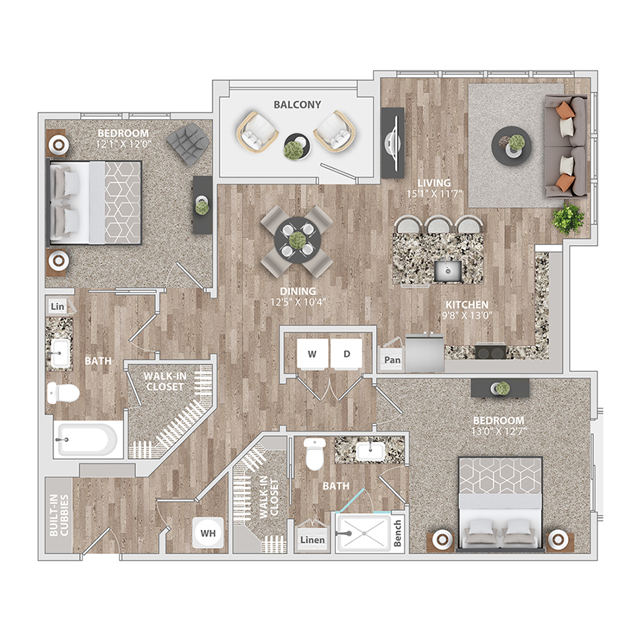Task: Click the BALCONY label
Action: click(x=297, y=104)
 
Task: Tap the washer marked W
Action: click(x=313, y=353)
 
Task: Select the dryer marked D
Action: click(x=346, y=353)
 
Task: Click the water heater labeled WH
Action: click(x=208, y=533)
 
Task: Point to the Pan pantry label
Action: click(x=392, y=360)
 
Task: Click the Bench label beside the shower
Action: click(x=397, y=533)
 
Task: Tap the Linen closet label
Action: click(x=313, y=540)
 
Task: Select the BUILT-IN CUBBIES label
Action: click(x=59, y=515)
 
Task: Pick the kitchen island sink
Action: click(x=447, y=270)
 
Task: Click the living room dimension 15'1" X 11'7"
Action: click(x=434, y=193)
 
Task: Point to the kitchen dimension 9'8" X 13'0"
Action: click(x=466, y=315)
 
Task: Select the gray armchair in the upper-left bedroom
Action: click(x=188, y=144)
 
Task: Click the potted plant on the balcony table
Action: click(x=295, y=150)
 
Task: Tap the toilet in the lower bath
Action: click(x=315, y=454)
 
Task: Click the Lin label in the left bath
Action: click(x=58, y=307)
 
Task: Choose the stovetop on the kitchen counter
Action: click(x=490, y=351)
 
